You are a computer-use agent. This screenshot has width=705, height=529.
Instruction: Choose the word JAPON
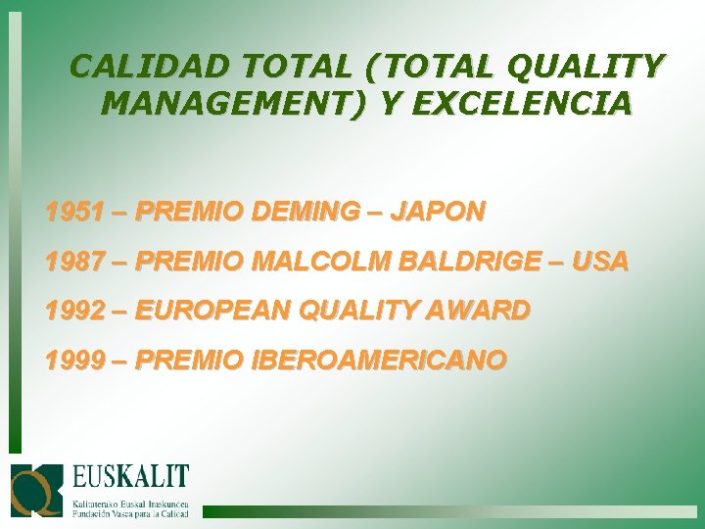tap(437, 212)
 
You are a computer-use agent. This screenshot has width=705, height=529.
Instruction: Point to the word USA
tap(599, 262)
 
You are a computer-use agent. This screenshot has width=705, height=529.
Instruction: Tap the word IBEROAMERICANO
tap(380, 361)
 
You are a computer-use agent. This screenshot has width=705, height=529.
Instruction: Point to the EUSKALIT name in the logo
tap(130, 481)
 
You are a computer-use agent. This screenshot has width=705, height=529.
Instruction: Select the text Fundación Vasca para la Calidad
tap(130, 511)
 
